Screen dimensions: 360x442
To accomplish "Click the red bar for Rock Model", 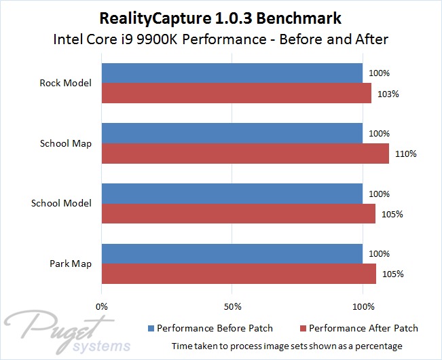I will pos(236,93).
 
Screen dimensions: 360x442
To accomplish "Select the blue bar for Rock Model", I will pos(232,73).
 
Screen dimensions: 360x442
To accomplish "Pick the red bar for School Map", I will pos(245,154).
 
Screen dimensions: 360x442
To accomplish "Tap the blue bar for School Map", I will pos(232,134).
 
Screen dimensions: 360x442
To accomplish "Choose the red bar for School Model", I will pos(238,214).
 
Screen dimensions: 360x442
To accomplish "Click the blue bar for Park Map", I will pos(232,254).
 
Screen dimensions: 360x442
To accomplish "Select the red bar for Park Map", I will pos(238,274).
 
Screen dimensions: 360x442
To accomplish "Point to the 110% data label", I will pos(407,154).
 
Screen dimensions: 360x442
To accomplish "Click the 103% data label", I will pos(390,94).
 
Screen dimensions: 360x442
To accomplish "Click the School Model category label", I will pos(62,204).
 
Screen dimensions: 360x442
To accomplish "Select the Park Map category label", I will pos(71,264).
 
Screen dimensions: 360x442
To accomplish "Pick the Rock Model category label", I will pos(67,84).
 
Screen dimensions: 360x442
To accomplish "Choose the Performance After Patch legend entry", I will pos(357,329).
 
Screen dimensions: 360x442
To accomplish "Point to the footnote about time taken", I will pos(287,346).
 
